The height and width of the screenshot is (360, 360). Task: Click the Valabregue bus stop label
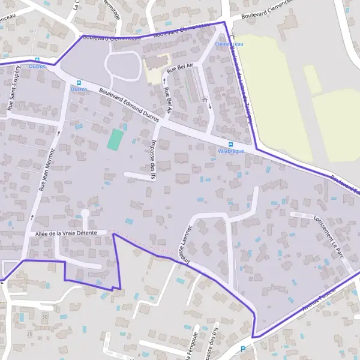(x=231, y=152)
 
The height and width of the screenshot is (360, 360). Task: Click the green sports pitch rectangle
(x=114, y=140)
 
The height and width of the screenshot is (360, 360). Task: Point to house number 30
(x=44, y=316)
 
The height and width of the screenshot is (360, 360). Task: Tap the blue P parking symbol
(x=243, y=349)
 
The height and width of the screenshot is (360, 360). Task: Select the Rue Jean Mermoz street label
(x=47, y=169)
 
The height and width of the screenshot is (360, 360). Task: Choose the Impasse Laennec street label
(x=185, y=244)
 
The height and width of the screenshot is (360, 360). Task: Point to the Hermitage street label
(x=110, y=9)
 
